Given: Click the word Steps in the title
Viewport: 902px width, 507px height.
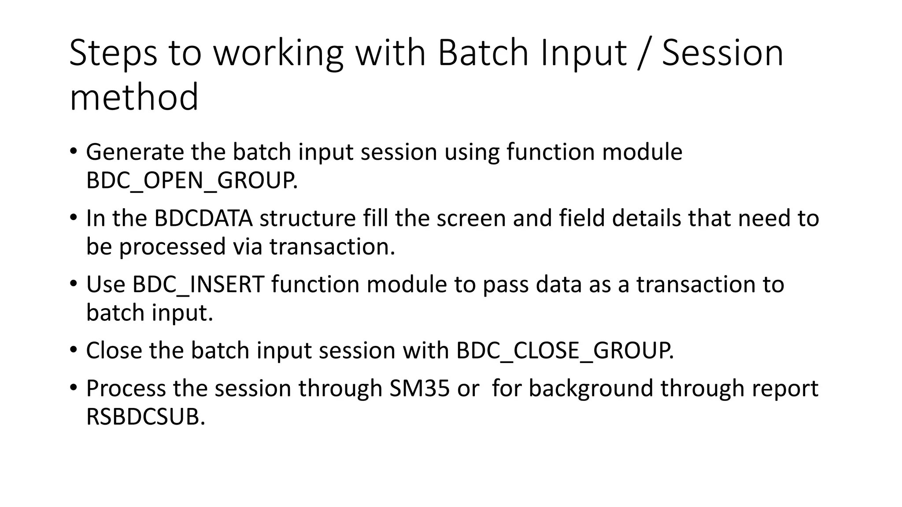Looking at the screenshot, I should tap(113, 53).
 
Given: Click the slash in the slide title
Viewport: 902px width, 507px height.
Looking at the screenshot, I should tap(643, 53).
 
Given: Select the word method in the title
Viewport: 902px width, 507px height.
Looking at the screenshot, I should tap(134, 97).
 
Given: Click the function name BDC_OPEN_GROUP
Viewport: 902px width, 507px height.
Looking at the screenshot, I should tap(191, 180).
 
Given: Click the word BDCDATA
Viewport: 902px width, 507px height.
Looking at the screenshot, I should tap(203, 218).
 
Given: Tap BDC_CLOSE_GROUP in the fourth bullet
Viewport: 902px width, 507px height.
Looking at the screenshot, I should tap(564, 351).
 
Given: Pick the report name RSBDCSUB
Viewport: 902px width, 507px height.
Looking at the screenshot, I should tap(145, 417).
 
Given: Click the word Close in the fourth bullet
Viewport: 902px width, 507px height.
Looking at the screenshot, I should tap(114, 351).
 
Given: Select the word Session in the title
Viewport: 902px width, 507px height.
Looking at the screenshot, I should tap(722, 53).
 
